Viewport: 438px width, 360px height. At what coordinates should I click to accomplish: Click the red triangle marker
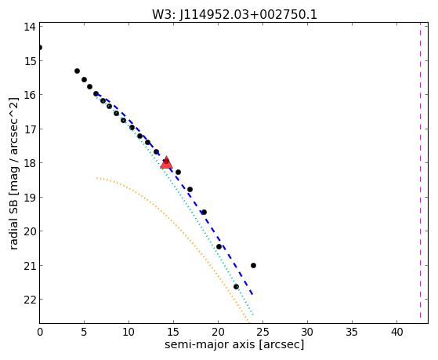[x=166, y=163]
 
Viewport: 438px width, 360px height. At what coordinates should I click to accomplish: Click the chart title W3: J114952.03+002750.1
[x=234, y=15]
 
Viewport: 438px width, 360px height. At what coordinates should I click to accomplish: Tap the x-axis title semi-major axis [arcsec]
[x=234, y=344]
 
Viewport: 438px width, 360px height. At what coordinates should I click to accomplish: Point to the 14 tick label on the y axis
[x=29, y=27]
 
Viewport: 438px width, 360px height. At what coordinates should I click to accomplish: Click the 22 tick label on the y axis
[x=29, y=300]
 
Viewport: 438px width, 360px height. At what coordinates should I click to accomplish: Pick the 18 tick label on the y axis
[x=29, y=163]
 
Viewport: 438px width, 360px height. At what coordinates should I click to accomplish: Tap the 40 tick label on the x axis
[x=396, y=333]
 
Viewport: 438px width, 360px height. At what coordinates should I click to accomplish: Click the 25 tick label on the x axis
[x=262, y=333]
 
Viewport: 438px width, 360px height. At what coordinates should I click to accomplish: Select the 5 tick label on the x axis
[x=85, y=333]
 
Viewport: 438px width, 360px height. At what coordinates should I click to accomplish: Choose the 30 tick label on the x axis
[x=308, y=333]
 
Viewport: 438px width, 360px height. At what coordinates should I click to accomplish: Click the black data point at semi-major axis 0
[x=40, y=47]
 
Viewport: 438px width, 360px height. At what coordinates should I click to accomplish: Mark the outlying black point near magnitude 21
[x=253, y=265]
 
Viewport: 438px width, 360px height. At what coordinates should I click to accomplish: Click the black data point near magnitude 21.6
[x=237, y=286]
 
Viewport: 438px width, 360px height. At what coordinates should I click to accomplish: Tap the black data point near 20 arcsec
[x=219, y=246]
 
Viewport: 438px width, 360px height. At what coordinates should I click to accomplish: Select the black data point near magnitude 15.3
[x=77, y=71]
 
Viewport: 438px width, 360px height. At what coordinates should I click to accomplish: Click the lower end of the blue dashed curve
[x=252, y=294]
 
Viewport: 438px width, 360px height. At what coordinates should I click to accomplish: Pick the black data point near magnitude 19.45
[x=205, y=212]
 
